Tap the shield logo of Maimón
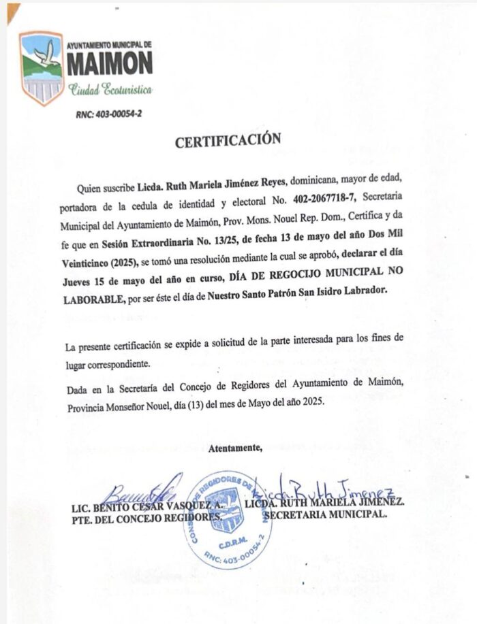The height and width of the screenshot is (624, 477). pyautogui.click(x=42, y=67)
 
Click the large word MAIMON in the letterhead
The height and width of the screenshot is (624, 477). pyautogui.click(x=110, y=64)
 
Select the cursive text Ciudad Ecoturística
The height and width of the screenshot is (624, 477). pyautogui.click(x=110, y=90)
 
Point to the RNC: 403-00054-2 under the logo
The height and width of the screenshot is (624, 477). pyautogui.click(x=108, y=114)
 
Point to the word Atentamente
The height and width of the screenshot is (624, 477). pyautogui.click(x=235, y=447)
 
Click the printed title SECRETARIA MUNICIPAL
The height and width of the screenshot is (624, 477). pyautogui.click(x=325, y=515)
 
